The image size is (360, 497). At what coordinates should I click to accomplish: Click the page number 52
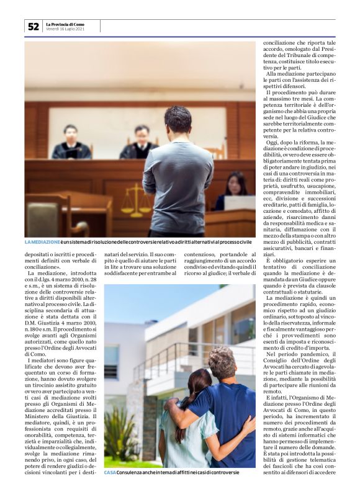pos(33,26)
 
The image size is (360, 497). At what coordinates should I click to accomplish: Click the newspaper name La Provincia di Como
pos(65,24)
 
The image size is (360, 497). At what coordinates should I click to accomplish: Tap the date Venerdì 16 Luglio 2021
pos(65,29)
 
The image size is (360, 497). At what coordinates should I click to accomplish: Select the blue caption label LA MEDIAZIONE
pos(43,241)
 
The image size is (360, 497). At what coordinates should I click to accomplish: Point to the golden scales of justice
pos(136,200)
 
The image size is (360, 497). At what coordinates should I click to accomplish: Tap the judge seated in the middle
pos(142,143)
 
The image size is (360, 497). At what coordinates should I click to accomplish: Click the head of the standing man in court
pos(178,119)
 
